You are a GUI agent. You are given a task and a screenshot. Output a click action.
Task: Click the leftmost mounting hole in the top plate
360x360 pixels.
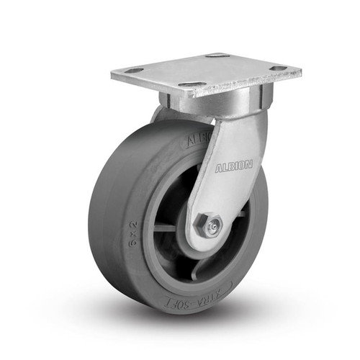tap(133, 71)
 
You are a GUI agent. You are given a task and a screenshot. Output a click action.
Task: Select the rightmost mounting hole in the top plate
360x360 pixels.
tap(278, 68)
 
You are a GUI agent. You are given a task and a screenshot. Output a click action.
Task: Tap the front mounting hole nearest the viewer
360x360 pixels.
tap(189, 85)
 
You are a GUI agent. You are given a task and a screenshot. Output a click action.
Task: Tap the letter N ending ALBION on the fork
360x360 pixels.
tap(249, 165)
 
